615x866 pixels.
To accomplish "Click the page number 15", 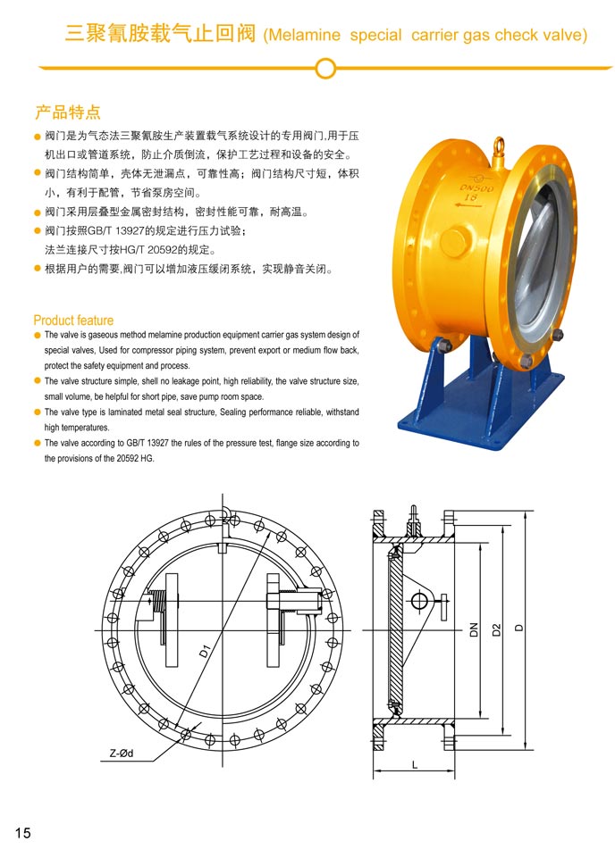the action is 22,833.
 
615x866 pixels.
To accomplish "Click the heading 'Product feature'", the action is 73,321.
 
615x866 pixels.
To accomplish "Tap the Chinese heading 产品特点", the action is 67,112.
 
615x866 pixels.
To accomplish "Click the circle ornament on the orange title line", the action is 325,69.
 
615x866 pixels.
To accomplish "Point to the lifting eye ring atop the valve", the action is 499,146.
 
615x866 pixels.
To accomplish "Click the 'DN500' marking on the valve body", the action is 476,188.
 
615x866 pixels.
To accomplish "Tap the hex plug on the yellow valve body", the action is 458,241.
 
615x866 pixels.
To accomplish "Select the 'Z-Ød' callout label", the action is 121,754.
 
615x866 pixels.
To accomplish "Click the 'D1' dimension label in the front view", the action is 205,651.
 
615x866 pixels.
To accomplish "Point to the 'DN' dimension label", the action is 474,630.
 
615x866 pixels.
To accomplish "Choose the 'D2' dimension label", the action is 496,629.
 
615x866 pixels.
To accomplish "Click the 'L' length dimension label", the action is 414,765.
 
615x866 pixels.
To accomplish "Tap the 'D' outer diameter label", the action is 518,628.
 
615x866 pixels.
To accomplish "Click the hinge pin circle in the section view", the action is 419,600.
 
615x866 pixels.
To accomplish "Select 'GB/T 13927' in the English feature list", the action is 147,443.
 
